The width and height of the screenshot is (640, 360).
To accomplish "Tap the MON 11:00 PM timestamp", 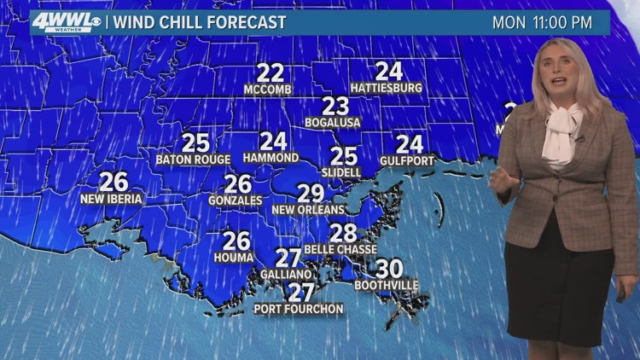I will pos(542,23).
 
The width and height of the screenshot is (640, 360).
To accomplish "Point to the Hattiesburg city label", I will pos(387,88).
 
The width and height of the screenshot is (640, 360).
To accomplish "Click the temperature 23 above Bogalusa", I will pos(335,106).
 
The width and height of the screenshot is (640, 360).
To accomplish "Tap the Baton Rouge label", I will pos(194,160).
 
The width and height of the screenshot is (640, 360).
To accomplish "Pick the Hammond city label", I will pos(271,158).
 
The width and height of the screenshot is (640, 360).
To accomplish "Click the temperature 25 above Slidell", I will pos(344,156).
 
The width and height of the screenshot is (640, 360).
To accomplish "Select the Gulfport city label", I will pos(409,160).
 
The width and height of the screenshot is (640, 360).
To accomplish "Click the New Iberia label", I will pos(112,199).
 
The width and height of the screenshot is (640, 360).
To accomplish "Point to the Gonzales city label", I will pos(236,200).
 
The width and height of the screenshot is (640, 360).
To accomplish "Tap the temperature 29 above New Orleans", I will pos(311,194).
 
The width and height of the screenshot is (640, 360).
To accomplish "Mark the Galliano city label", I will pos(288,275).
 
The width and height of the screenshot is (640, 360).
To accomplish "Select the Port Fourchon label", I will pos(299,309).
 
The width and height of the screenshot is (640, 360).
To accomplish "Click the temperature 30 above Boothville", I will pos(388,269).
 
